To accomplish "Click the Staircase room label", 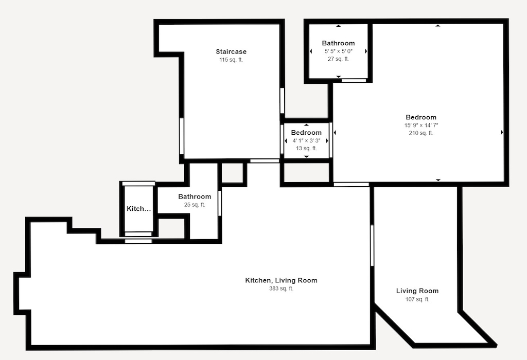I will coord(231,51).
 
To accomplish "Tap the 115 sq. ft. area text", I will coord(231,60).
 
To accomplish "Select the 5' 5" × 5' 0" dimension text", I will coord(338,51).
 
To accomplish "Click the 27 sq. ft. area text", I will coord(338,59).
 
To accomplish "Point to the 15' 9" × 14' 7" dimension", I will coord(421,125).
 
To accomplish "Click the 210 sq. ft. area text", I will coord(421,133).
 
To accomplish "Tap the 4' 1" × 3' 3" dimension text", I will coord(306,140).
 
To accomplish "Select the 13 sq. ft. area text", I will coord(306,148).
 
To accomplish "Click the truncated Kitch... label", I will coord(139,209).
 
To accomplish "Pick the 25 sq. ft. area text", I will coord(195,205).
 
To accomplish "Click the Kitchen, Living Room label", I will coord(281,280).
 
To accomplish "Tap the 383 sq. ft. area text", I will coord(281,289).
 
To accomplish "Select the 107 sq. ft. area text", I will coord(417,299).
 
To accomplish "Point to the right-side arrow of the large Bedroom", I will coord(502,133).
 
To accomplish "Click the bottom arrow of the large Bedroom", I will coord(438,180).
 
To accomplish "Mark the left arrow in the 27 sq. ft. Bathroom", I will coord(311,51).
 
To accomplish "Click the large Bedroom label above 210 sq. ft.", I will coord(421,117).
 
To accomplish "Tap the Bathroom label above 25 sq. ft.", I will coord(195,196).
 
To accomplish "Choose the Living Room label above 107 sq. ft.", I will coord(417,291).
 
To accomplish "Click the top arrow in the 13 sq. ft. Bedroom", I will coord(306,125).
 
